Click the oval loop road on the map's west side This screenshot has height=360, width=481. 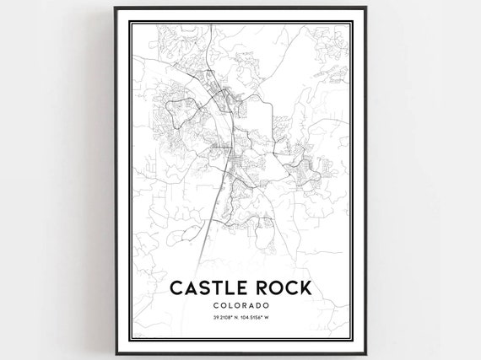(187, 109)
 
